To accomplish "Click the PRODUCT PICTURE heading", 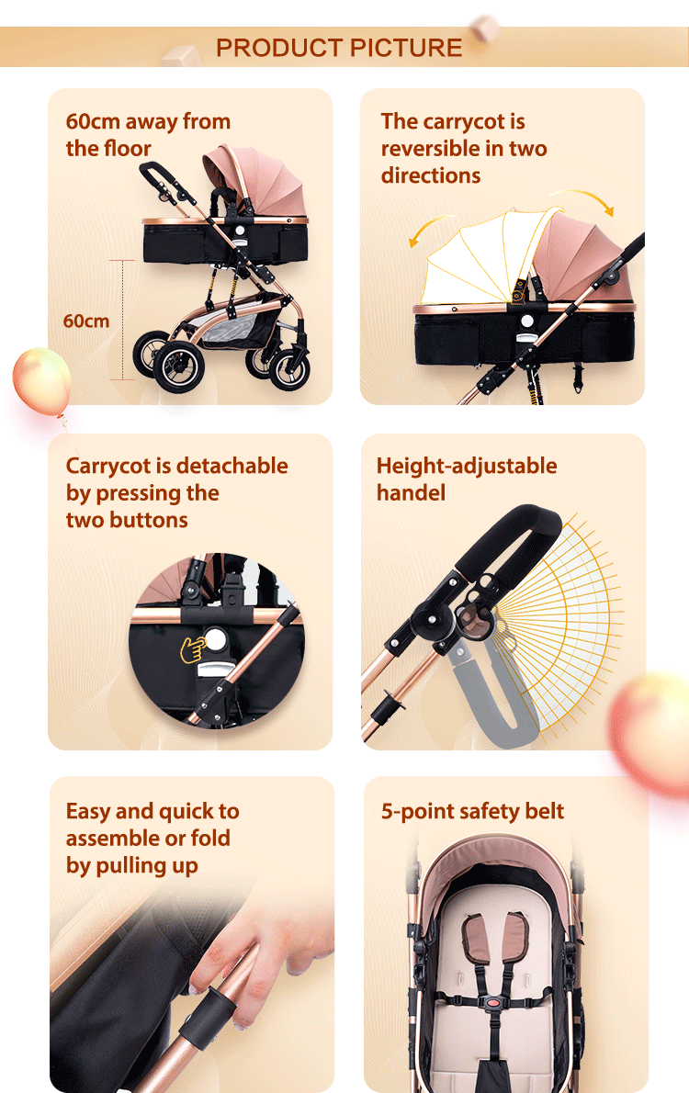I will pos(339,48).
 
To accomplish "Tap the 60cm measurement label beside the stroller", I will pos(85,321).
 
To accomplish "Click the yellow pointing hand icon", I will pos(193,650).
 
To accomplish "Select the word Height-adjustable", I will pos(467,466).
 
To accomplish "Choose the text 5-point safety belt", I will pos(472,812).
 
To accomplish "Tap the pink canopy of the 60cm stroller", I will pos(248,179).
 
